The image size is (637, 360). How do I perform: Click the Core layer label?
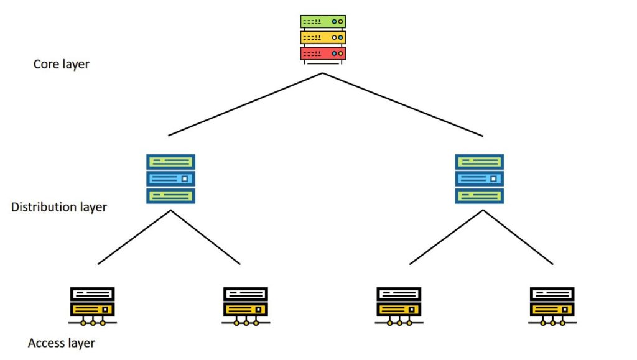[61, 64]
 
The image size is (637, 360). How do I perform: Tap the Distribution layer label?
[59, 207]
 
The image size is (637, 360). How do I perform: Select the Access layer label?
[62, 343]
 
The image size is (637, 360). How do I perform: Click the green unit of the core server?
[323, 21]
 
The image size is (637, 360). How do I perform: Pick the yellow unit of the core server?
[323, 37]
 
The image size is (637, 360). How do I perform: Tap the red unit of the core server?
[323, 53]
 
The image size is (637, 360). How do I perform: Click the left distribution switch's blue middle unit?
[170, 179]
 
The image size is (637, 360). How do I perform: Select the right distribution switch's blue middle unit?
[480, 179]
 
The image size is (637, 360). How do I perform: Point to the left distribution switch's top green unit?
[170, 162]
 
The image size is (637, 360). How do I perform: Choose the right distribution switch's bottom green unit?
[480, 196]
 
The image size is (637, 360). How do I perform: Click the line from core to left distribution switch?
[246, 104]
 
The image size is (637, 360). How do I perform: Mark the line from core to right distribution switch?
[402, 104]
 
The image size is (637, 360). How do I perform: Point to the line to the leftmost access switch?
[134, 237]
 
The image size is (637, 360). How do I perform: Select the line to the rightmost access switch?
[518, 237]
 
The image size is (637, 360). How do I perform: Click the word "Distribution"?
[40, 207]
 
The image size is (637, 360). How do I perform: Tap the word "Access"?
[45, 343]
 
